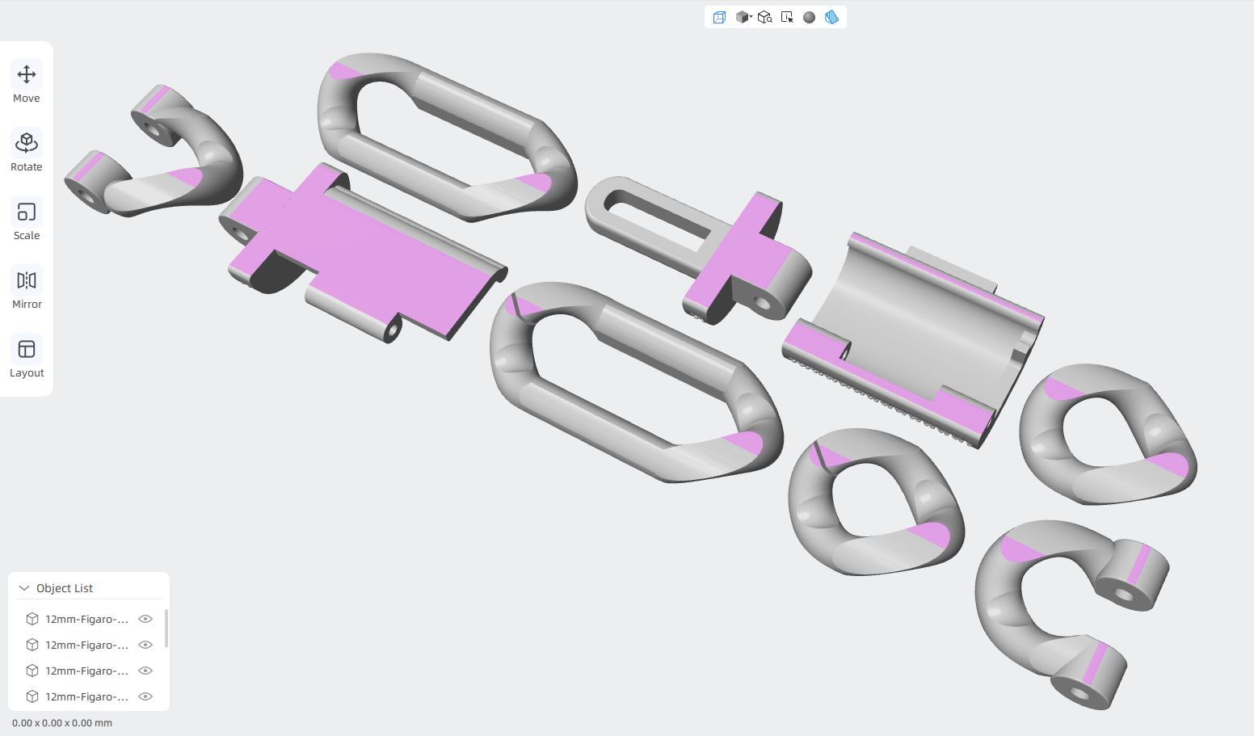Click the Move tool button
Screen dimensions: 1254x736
27,82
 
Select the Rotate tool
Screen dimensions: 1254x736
27,150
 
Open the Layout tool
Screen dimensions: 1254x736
27,357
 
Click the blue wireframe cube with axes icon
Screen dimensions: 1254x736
719,17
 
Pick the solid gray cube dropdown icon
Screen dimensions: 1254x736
743,17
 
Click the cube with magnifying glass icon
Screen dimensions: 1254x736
764,17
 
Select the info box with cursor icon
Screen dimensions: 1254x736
787,17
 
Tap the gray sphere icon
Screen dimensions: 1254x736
809,17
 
